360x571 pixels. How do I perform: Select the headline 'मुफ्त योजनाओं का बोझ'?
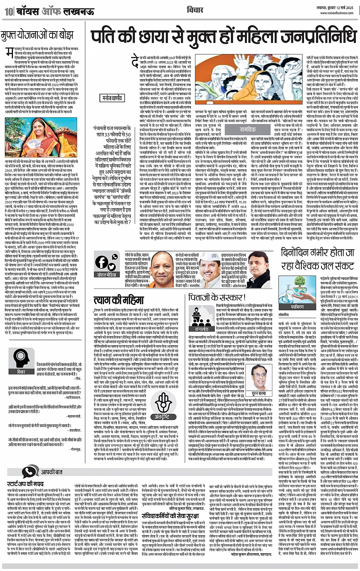tap(37, 35)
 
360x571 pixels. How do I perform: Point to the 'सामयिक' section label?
tap(248, 129)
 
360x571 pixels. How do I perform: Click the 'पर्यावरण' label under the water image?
tap(297, 306)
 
